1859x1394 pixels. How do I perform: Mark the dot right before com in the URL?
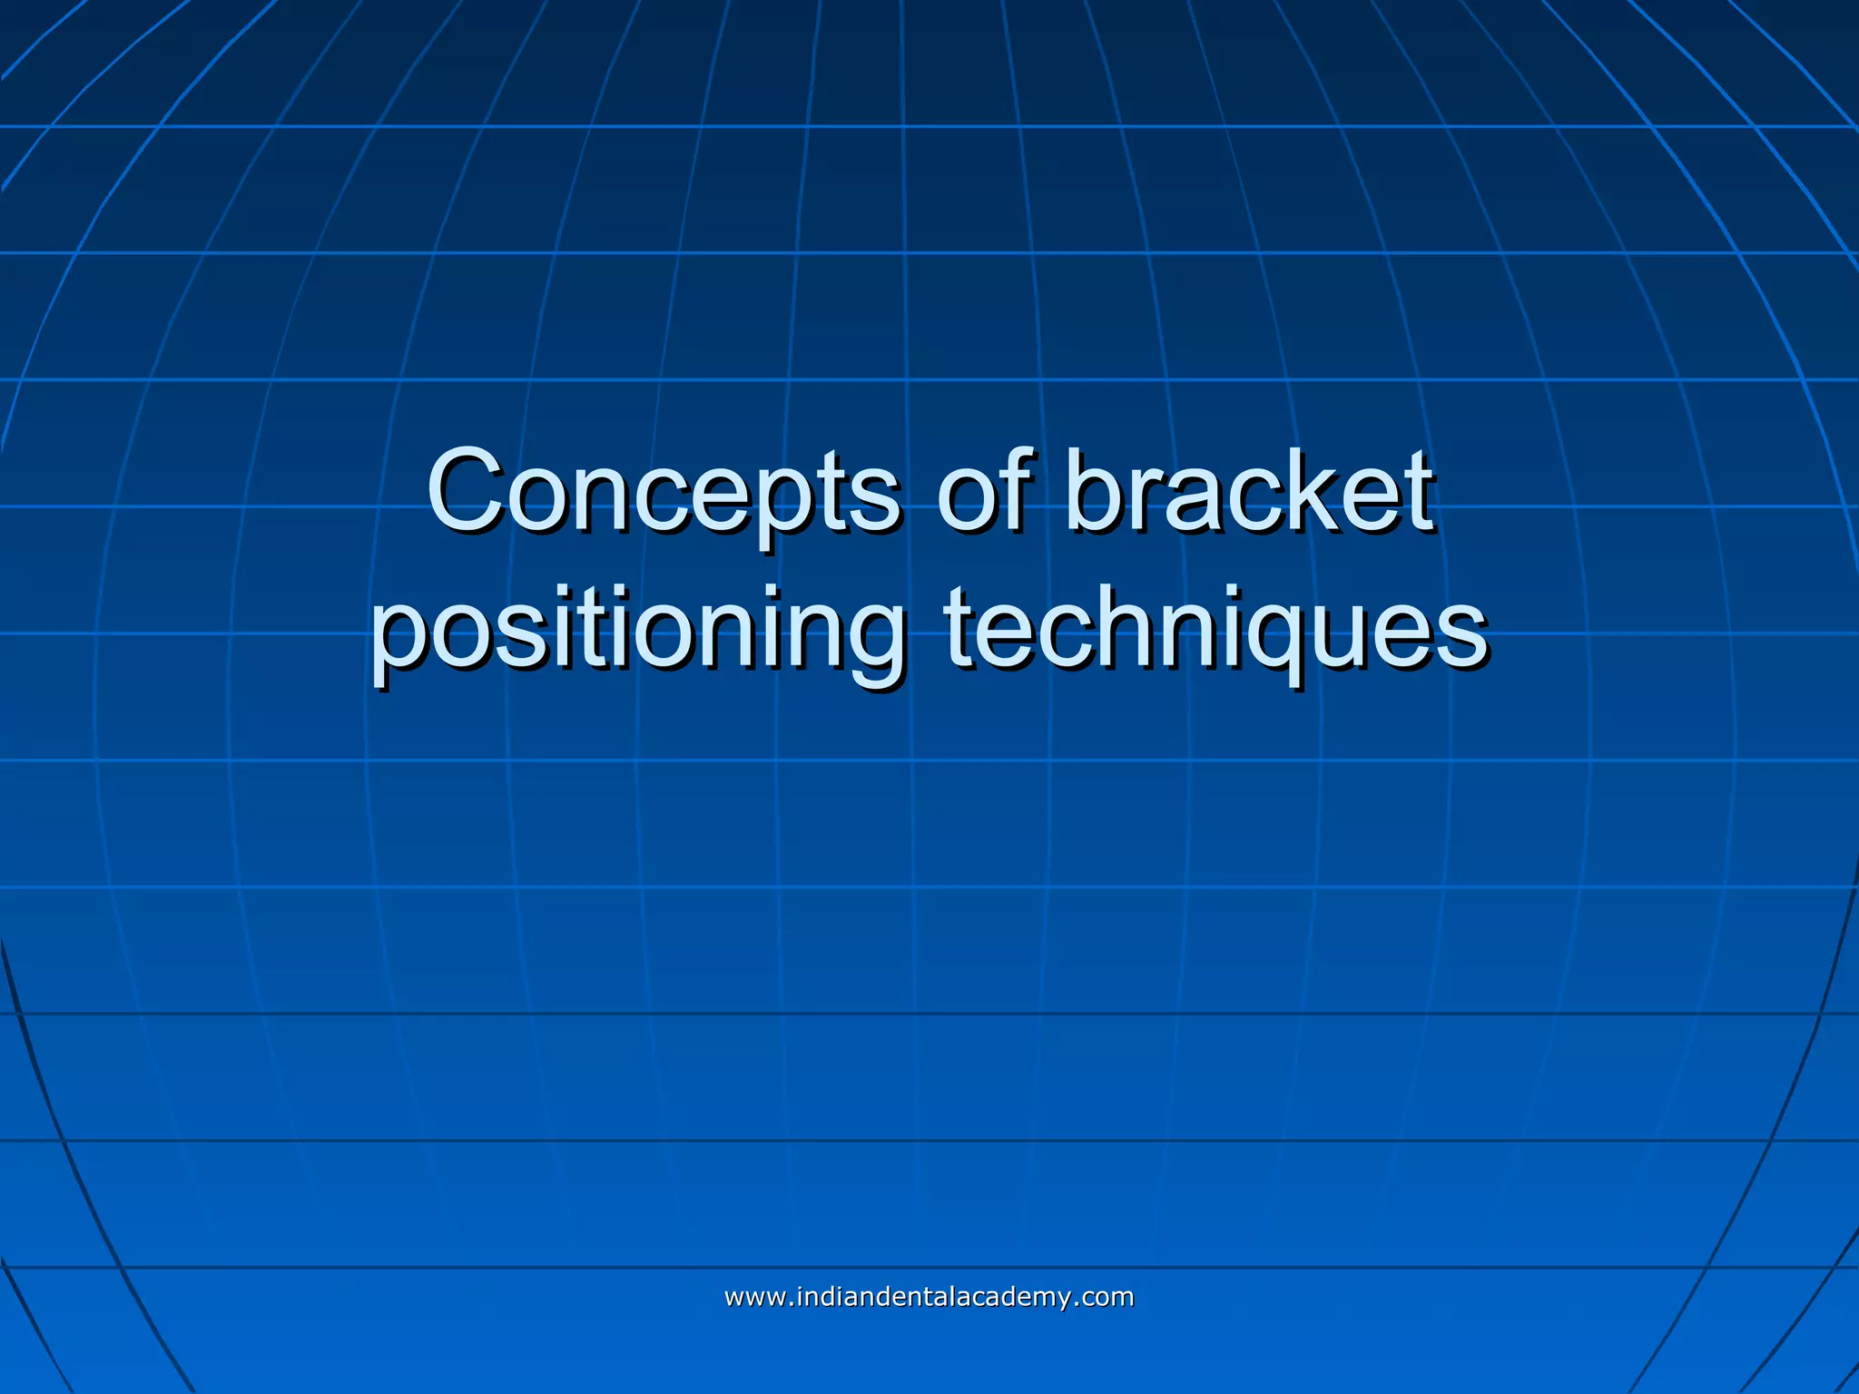pyautogui.click(x=1077, y=1304)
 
